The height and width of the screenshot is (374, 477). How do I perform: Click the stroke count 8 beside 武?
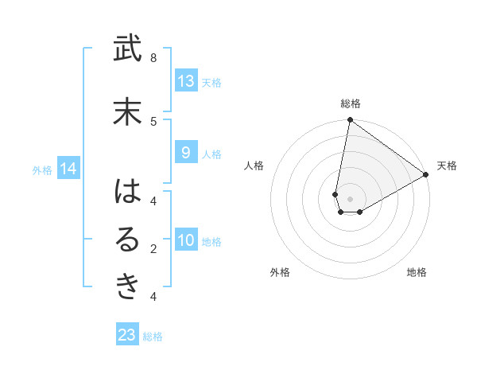point(153,58)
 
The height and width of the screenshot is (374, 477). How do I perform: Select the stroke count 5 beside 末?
point(153,121)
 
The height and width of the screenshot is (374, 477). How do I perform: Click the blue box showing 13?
point(185,81)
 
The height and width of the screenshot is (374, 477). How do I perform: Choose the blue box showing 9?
point(185,153)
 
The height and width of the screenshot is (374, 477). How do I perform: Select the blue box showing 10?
point(185,241)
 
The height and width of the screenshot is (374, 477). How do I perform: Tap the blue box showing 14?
point(68,169)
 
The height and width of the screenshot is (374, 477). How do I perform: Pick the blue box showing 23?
point(127,335)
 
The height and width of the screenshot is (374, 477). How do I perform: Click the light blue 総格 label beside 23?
point(153,337)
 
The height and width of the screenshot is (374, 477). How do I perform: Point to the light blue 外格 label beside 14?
point(42,169)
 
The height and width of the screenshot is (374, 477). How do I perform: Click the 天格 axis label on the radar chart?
point(447,166)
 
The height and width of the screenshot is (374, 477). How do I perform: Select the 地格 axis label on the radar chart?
point(417,272)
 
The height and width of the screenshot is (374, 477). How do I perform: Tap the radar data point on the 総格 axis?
point(350,120)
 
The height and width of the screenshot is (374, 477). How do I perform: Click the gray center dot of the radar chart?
point(350,199)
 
